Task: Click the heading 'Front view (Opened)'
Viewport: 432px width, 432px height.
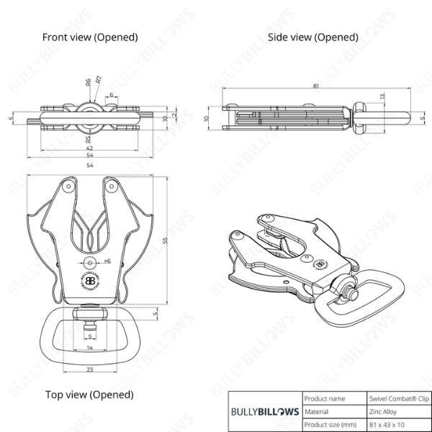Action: point(89,37)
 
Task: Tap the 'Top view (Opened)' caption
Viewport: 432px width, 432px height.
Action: point(89,395)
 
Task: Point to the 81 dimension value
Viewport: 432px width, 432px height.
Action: point(316,86)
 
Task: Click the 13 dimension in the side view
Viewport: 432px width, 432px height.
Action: point(382,96)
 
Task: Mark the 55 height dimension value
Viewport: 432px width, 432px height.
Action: point(165,242)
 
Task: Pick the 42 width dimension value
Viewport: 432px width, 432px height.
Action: point(89,147)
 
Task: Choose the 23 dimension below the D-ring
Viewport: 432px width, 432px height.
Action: point(89,370)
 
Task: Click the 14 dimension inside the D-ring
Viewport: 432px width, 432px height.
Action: point(89,347)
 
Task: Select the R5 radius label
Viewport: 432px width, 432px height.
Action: point(88,140)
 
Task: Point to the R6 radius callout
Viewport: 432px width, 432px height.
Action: point(88,84)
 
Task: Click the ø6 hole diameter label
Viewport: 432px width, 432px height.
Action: point(107,261)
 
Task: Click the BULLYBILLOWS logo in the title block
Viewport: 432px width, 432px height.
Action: point(264,412)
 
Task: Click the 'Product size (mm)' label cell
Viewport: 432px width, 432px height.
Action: point(330,425)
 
